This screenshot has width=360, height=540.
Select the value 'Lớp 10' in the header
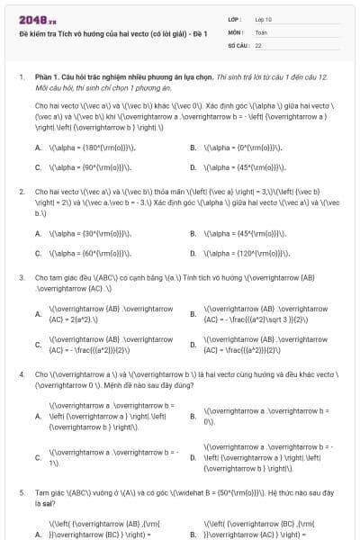pos(265,19)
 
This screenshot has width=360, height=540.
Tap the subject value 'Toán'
pos(261,31)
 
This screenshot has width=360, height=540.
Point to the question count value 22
pos(258,44)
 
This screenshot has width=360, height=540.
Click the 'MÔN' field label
pos(236,31)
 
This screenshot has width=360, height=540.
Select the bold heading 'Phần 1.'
pos(49,79)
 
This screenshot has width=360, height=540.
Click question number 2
pos(21,192)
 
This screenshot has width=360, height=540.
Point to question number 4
pos(21,373)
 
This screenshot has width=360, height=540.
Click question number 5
pos(21,493)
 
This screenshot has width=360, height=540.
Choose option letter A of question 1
pos(38,148)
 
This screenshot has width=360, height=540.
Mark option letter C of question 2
pos(38,253)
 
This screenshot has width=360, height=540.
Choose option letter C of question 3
pos(38,344)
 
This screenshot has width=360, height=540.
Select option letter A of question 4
pos(38,417)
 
